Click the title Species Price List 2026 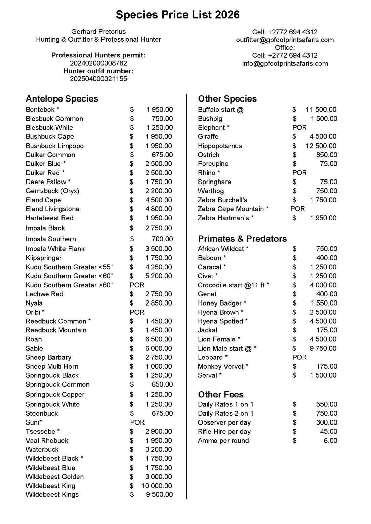pos(177,15)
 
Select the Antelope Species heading pos(62,99)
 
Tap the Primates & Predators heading pos(242,239)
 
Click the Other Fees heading pos(220,394)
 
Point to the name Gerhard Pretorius pos(98,32)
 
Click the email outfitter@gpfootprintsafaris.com pos(285,40)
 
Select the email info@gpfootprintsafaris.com pos(285,63)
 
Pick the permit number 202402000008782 pos(98,63)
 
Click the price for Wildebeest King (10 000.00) pos(157,486)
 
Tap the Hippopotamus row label pos(220,146)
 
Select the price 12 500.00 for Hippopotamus pos(321,146)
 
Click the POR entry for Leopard pos(299,357)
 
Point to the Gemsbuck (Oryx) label pos(52,191)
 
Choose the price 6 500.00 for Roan pos(159,339)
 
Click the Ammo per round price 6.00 pos(330,441)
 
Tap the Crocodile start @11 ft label pos(233,285)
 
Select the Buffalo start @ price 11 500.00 pos(321,110)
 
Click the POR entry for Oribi pos(137,312)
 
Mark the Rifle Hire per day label pos(224,432)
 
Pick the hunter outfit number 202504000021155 pos(98,79)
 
